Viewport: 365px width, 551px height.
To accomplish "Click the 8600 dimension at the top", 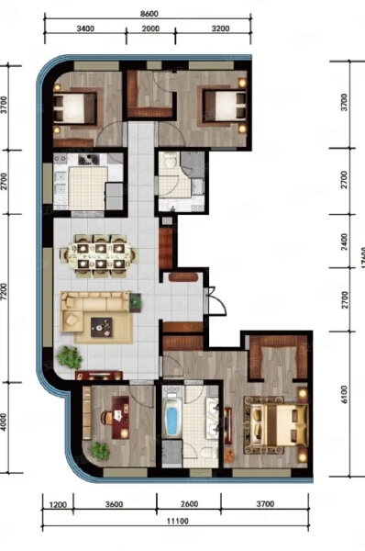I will pyautogui.click(x=151, y=15).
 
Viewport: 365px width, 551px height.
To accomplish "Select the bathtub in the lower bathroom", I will pyautogui.click(x=171, y=419).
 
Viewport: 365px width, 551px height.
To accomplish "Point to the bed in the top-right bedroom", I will pyautogui.click(x=222, y=105).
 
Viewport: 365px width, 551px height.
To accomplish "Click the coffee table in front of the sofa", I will pyautogui.click(x=101, y=324).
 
